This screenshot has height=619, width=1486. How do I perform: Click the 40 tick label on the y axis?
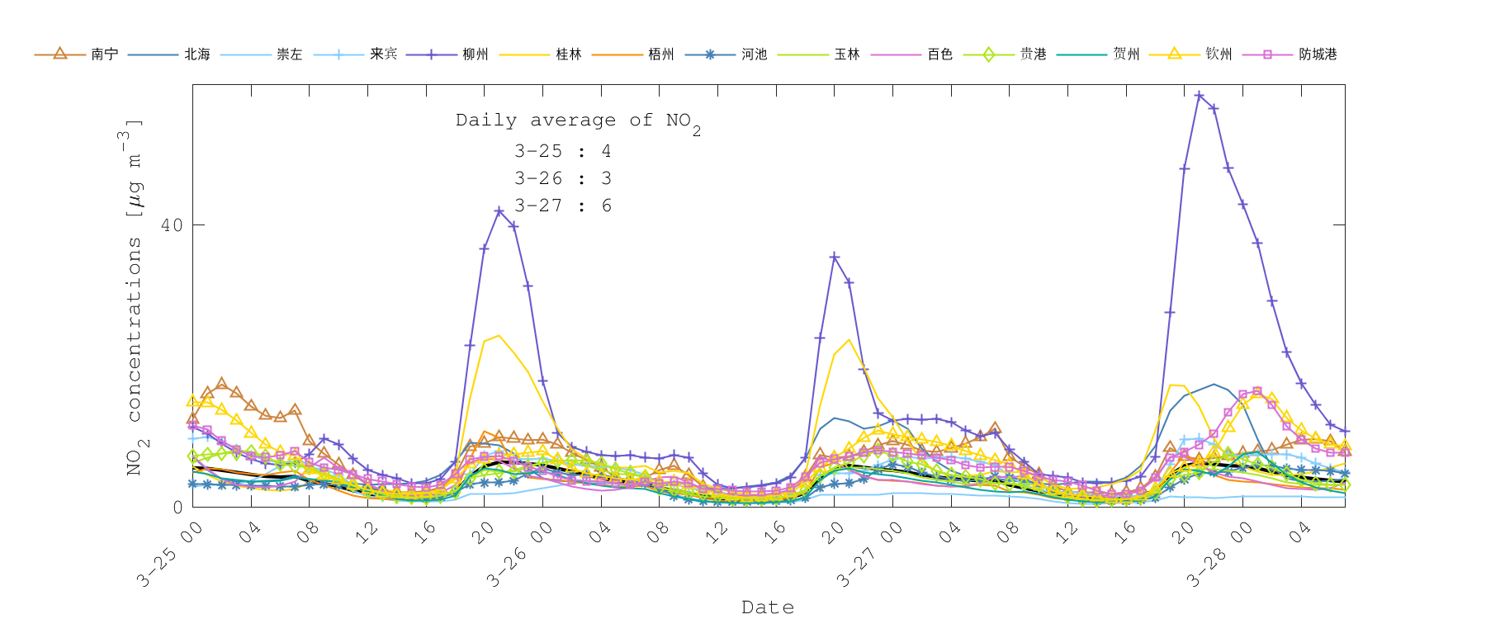[x=172, y=225]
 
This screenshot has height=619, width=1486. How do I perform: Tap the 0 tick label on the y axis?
[x=177, y=507]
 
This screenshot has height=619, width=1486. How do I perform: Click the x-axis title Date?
[x=768, y=607]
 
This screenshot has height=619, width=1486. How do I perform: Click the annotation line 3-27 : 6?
[x=563, y=206]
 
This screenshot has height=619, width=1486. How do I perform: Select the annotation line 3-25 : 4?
[x=563, y=151]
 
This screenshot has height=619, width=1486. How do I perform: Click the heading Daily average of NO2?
[x=578, y=121]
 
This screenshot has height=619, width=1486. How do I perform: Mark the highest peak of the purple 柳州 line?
[x=1200, y=96]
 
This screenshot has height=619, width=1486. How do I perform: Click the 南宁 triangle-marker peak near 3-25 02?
[x=221, y=384]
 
